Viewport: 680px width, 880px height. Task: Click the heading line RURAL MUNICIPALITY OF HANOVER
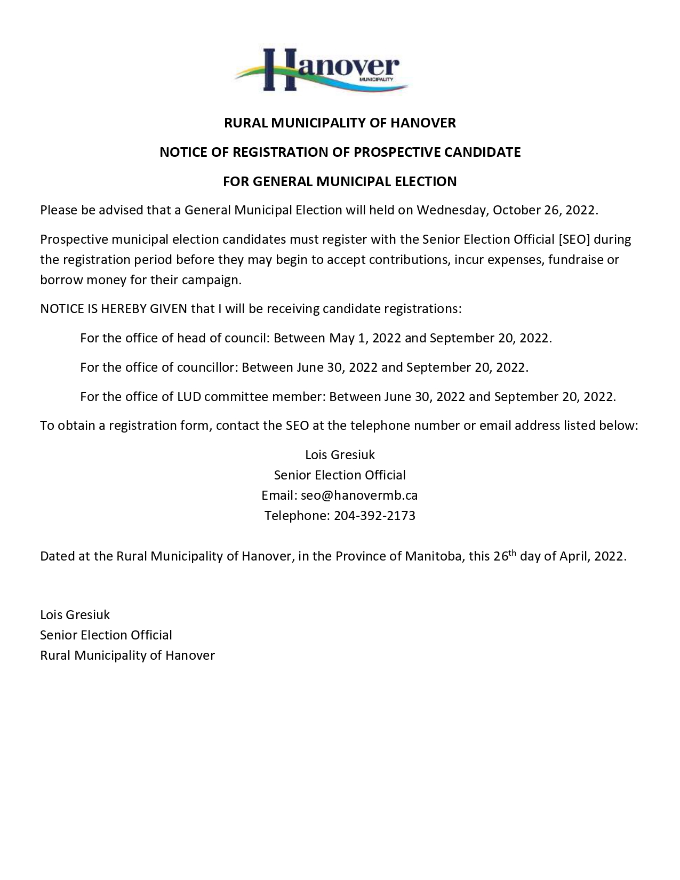point(340,123)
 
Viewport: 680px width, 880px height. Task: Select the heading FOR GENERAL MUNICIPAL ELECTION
point(340,182)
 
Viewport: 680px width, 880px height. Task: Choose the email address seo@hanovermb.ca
point(359,495)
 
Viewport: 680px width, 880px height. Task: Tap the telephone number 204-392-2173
point(374,516)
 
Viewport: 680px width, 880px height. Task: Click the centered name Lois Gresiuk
point(340,455)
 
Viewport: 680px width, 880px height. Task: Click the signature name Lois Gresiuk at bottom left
point(75,615)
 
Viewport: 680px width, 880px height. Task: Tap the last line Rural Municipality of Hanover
point(127,655)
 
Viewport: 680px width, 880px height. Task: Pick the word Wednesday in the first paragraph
point(452,210)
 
